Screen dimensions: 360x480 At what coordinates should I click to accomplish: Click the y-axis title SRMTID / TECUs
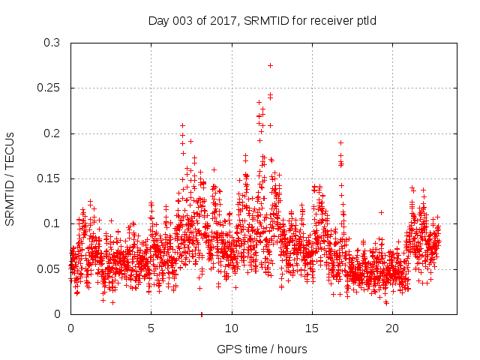(10, 178)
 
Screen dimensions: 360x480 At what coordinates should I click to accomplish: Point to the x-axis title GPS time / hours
(262, 349)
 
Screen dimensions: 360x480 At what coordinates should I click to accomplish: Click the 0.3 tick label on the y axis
(52, 43)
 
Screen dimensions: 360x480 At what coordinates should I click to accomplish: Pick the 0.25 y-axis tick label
(49, 88)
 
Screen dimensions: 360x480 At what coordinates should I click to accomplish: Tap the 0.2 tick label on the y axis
(52, 133)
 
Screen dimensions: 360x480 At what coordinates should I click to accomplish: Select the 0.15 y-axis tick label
(49, 178)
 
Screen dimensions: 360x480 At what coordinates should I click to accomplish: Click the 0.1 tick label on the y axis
(52, 223)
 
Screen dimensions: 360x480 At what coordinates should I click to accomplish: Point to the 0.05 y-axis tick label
(49, 268)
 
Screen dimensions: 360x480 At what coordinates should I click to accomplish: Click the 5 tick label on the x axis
(151, 328)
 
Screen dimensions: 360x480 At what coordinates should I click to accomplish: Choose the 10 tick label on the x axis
(232, 328)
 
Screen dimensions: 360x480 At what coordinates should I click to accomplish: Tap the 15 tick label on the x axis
(312, 328)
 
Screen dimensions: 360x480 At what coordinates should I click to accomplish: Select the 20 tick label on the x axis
(392, 328)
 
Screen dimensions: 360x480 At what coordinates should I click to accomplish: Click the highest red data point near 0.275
(270, 65)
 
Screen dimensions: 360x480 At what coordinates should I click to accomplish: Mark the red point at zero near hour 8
(201, 313)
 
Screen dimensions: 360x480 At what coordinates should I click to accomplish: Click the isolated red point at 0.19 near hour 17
(340, 142)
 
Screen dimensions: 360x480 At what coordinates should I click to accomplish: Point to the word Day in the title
(158, 20)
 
